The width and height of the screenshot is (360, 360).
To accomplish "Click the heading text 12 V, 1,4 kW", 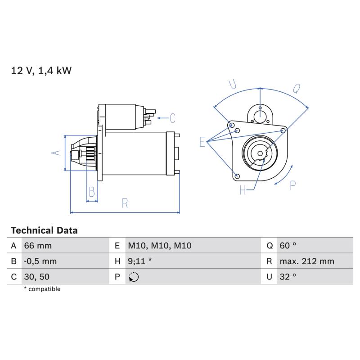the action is [x=41, y=71].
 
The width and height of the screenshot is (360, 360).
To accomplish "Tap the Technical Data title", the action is [x=44, y=230].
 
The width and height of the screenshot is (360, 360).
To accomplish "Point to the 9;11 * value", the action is [x=140, y=261].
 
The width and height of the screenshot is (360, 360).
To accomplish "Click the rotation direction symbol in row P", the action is [x=134, y=277].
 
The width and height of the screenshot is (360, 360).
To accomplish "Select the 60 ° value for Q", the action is [x=288, y=246].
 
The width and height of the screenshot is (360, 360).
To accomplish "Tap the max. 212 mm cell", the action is [x=307, y=261].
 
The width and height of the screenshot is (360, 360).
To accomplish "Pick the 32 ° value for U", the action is [x=288, y=277].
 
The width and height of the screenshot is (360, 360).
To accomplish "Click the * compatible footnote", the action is [x=42, y=289].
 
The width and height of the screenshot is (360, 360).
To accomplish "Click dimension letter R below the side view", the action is [x=125, y=203].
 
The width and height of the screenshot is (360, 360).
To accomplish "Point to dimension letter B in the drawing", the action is [x=92, y=192].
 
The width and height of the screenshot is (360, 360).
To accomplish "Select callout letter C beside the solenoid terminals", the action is [x=172, y=118].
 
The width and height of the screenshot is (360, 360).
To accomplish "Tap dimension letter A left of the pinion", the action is [x=56, y=153].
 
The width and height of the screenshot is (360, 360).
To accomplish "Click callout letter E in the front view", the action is [x=202, y=142].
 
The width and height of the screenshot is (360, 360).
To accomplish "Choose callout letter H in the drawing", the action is [x=243, y=190].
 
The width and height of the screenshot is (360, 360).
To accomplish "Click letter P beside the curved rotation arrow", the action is [x=293, y=186].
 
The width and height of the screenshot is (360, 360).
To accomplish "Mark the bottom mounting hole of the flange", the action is [x=238, y=176].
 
